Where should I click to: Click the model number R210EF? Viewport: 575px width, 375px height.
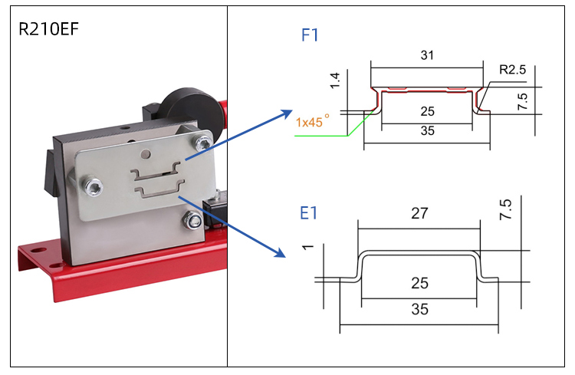[49, 30]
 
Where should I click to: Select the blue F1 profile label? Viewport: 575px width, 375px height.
[310, 35]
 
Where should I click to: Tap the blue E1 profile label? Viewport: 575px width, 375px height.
[308, 212]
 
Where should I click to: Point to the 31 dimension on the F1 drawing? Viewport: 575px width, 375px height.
[428, 55]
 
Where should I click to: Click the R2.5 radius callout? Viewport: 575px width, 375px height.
[512, 69]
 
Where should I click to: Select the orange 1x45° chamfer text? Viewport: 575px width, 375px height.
[312, 120]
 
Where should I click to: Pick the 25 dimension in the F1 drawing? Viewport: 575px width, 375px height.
[428, 111]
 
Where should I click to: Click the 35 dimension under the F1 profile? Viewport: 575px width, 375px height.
[428, 130]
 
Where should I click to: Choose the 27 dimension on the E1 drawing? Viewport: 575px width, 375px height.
[419, 214]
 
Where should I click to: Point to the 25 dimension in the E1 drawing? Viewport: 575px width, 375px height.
[419, 284]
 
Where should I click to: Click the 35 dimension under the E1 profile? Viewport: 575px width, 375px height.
[419, 310]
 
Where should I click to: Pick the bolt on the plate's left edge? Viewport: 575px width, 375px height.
[93, 185]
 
